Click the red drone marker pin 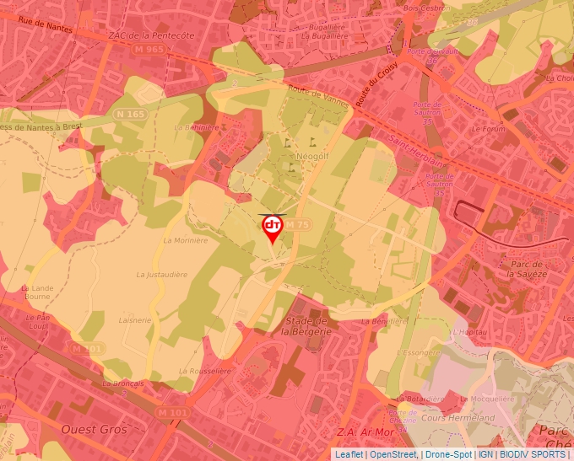click(273, 228)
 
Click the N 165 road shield click(130, 114)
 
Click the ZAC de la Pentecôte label click(152, 35)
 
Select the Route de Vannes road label click(317, 98)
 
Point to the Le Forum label click(486, 130)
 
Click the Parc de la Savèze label click(527, 270)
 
